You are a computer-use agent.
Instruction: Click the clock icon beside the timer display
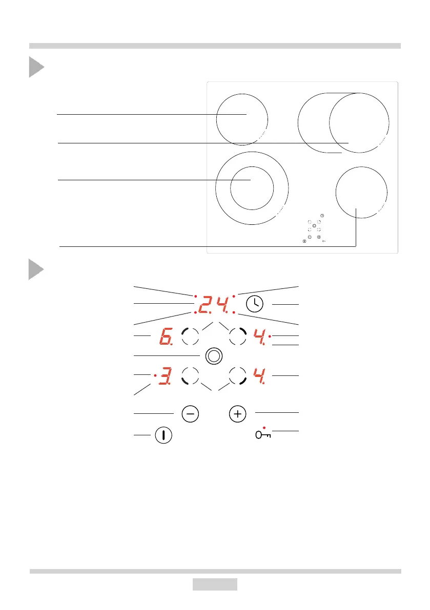(255, 304)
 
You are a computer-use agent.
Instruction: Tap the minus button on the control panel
(190, 414)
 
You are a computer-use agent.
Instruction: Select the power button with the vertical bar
(163, 435)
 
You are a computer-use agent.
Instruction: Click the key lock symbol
(263, 435)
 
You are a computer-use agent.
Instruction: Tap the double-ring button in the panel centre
(214, 356)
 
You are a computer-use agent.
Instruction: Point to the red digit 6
(166, 336)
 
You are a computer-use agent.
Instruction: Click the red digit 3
(165, 376)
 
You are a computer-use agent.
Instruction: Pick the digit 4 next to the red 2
(223, 304)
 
